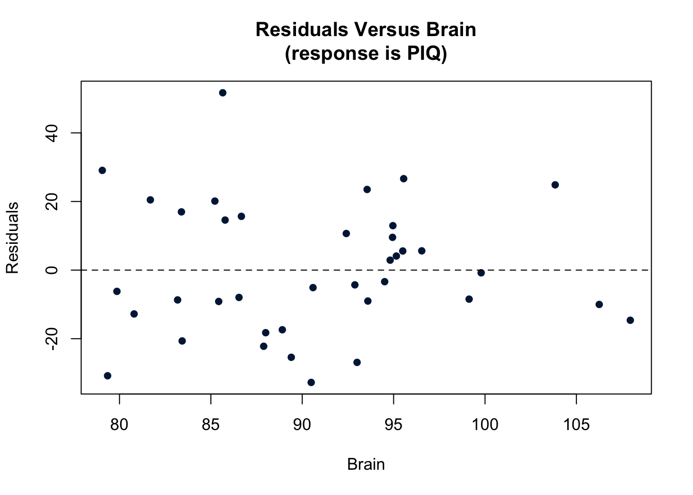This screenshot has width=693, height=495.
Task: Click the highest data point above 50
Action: [x=223, y=93]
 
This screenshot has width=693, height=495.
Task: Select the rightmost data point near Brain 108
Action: [x=630, y=320]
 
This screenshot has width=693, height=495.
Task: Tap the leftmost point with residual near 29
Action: [x=102, y=171]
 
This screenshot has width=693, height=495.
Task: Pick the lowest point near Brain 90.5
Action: [x=311, y=383]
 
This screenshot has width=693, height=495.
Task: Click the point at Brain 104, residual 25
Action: [x=555, y=185]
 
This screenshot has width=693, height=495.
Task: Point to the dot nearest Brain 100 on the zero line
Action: [x=481, y=273]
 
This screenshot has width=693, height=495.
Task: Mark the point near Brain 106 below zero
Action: [x=599, y=304]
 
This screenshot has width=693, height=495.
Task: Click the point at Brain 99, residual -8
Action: [x=469, y=299]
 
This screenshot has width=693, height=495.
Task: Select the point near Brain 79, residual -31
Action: [x=107, y=376]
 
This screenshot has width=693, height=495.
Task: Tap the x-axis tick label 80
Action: [x=119, y=425]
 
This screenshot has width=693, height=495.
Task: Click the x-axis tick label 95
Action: [x=393, y=425]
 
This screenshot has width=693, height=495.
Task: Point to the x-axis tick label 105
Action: [x=576, y=425]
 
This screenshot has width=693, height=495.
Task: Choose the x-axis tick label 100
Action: [x=485, y=425]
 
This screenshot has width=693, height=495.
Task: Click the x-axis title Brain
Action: [x=366, y=465]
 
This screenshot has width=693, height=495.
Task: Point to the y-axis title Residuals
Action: [x=12, y=238]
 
